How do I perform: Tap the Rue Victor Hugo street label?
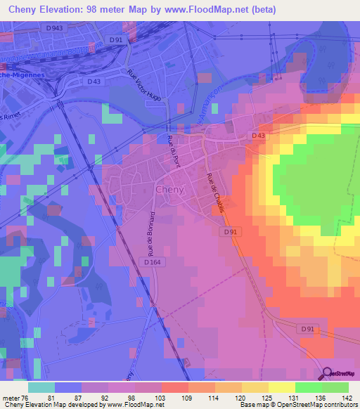click(x=144, y=85)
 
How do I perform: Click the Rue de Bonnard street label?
click(x=150, y=233)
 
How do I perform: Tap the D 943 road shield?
click(x=63, y=27)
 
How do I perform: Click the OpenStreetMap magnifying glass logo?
click(x=327, y=375)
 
